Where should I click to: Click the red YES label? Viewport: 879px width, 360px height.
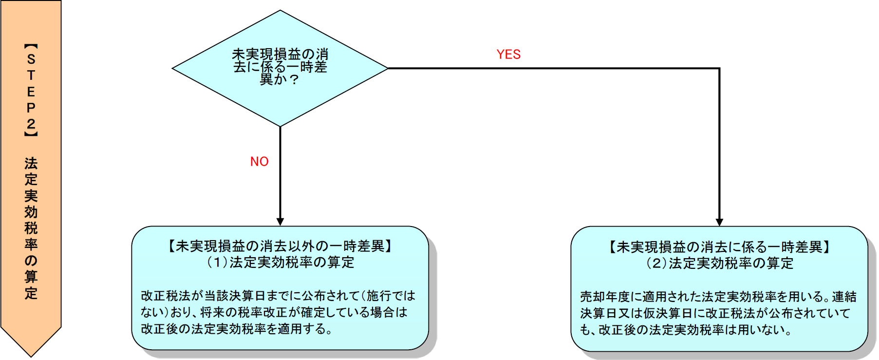[x=508, y=55]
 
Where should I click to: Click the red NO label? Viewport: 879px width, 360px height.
[x=259, y=162]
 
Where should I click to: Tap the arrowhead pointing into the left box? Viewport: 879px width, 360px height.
[x=280, y=222]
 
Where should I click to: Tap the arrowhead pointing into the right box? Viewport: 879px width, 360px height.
[x=719, y=222]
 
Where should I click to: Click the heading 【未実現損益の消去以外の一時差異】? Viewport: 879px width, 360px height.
[x=280, y=246]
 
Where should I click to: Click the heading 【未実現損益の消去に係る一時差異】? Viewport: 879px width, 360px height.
[x=719, y=247]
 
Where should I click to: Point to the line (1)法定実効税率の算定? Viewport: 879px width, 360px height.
[x=280, y=263]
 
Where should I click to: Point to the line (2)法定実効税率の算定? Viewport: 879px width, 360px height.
[x=719, y=264]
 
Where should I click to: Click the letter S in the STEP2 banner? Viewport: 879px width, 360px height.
[x=31, y=59]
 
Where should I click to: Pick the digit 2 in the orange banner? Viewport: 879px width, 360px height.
[x=31, y=124]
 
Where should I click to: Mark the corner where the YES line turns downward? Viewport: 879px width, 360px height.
[x=719, y=69]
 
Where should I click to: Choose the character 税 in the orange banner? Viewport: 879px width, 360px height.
[x=31, y=228]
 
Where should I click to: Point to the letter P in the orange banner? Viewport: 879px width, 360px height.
[x=31, y=108]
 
